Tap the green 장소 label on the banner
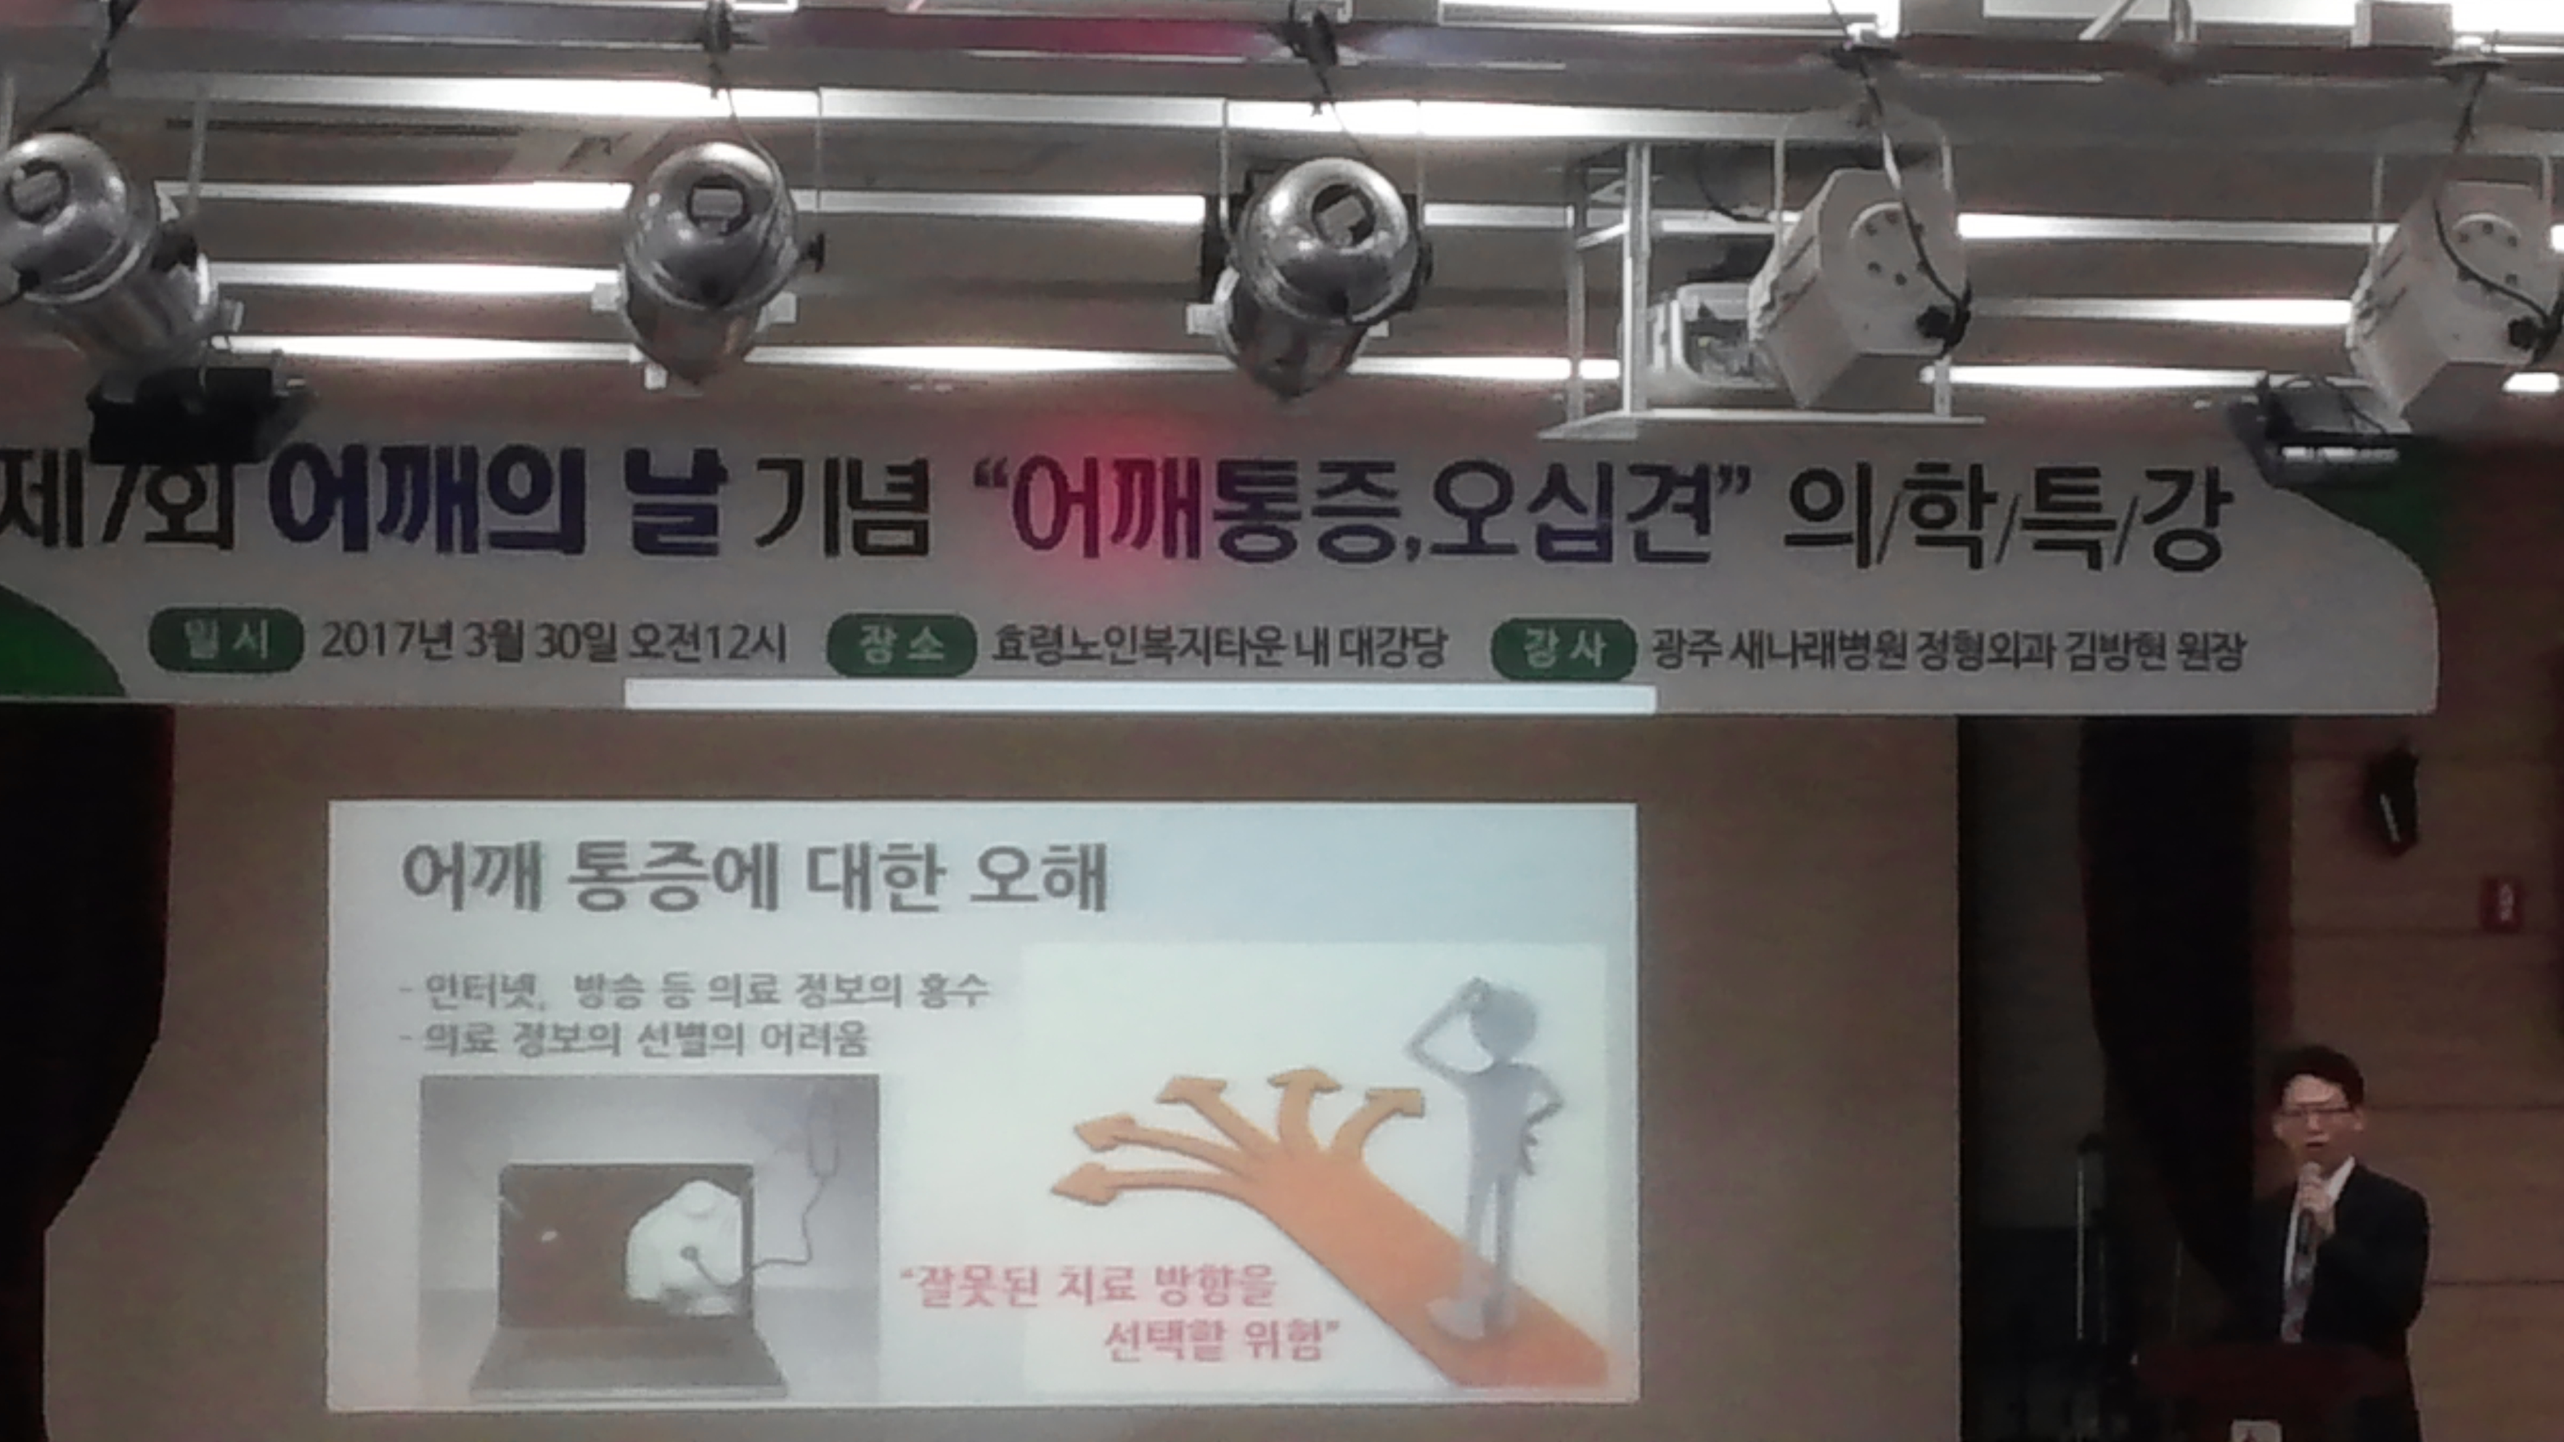tap(900, 648)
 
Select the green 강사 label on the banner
tap(1562, 650)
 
